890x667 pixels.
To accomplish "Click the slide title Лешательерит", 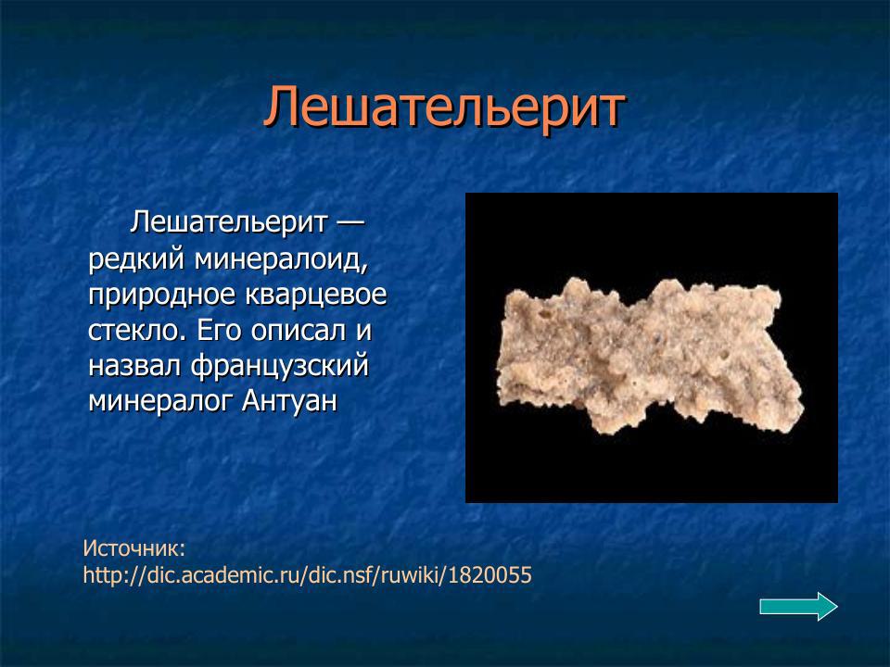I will pyautogui.click(x=444, y=107).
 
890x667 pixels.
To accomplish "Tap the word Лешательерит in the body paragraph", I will pyautogui.click(x=230, y=222).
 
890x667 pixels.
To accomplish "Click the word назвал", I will pyautogui.click(x=135, y=366).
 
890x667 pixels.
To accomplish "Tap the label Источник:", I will pyautogui.click(x=134, y=547).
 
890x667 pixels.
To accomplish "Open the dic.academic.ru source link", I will pyautogui.click(x=307, y=575).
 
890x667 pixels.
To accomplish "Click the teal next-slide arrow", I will pyautogui.click(x=798, y=607).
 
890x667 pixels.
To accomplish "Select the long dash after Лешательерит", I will pyautogui.click(x=350, y=222).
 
